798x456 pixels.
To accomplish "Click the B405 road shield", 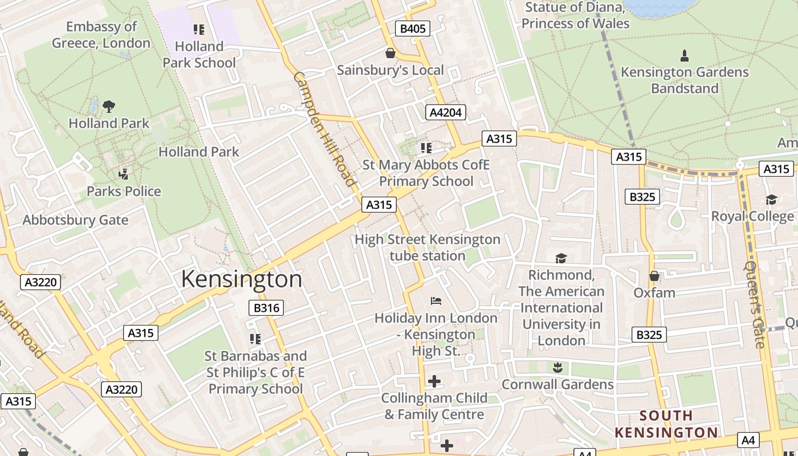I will (x=412, y=28).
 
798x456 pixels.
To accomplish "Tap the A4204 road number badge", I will (x=445, y=112).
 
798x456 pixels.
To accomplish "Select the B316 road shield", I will (x=266, y=308).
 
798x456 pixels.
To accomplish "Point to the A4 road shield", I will (x=748, y=439).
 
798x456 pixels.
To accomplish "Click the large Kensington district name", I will (x=242, y=279).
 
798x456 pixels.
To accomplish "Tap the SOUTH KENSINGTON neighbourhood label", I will (x=666, y=424).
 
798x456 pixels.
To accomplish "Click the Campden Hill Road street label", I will (x=325, y=129).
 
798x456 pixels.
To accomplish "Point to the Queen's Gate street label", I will (x=756, y=304).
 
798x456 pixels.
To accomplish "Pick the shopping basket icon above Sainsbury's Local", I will (x=390, y=53).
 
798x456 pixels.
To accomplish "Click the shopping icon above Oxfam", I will (x=654, y=276).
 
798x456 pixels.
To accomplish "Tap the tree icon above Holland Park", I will (x=109, y=106).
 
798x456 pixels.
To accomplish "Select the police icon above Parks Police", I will (x=123, y=174).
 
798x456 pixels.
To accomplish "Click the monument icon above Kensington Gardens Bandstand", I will (x=685, y=55).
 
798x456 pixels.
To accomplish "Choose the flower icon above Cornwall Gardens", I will (x=557, y=368).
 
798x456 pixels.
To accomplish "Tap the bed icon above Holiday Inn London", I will (x=435, y=301).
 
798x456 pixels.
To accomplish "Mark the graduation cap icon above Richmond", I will (x=561, y=258).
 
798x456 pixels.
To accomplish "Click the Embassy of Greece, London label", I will (x=101, y=35).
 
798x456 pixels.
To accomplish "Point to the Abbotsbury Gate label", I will (x=75, y=220).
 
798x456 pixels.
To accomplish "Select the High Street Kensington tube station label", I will (x=427, y=247).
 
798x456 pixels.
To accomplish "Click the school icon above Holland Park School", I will (x=199, y=29).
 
